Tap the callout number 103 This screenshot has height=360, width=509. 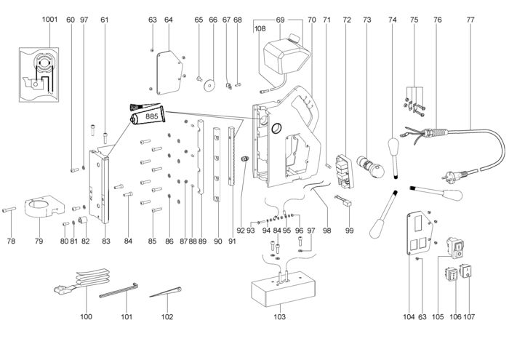[x=280, y=318]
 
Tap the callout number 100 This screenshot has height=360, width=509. [x=87, y=318]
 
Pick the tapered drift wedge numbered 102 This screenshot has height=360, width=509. [x=165, y=295]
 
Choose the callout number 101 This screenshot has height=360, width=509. [x=127, y=318]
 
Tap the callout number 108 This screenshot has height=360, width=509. [x=260, y=30]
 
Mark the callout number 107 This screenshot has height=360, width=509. [x=469, y=318]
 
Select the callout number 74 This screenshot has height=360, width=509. [x=393, y=20]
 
